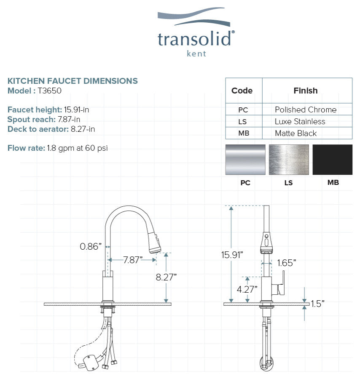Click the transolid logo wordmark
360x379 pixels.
point(194,39)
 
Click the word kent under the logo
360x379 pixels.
point(196,53)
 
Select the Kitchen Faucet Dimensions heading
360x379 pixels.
point(73,81)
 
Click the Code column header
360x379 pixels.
point(242,91)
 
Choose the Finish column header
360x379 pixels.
point(306,91)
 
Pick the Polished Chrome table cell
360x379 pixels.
point(306,109)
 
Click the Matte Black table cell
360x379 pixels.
point(296,133)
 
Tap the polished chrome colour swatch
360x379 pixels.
point(245,160)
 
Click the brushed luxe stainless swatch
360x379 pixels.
point(289,160)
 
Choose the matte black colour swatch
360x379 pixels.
point(333,160)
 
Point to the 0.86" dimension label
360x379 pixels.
point(91,246)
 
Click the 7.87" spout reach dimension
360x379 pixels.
point(133,260)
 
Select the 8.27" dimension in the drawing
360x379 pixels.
point(166,277)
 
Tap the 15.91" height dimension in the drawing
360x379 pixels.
point(232,255)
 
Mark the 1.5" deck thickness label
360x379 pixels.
point(317,304)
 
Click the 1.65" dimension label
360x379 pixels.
point(287,263)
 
